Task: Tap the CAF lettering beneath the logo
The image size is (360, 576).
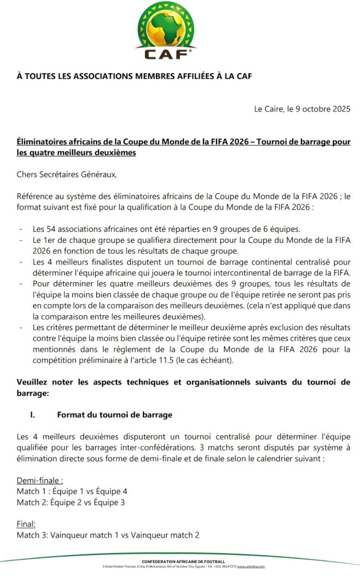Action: click(x=167, y=54)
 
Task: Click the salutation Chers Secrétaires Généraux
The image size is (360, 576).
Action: click(x=67, y=174)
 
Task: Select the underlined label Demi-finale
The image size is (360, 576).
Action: click(x=40, y=480)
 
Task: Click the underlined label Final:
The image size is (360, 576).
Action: click(x=26, y=524)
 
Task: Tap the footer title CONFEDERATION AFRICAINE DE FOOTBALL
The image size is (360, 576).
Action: click(x=183, y=561)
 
